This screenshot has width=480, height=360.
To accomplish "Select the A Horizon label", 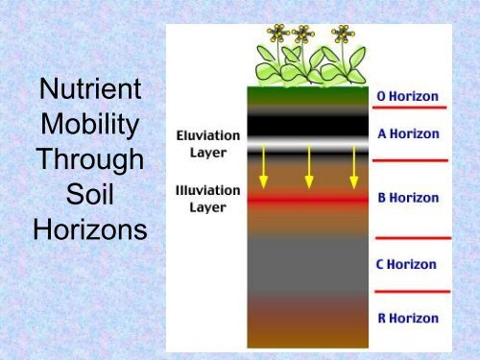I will pos(408,134).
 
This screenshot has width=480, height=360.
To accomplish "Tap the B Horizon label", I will pos(408,198).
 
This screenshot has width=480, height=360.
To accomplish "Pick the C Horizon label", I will pos(408,264).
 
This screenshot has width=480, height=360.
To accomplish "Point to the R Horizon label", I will pos(408,318).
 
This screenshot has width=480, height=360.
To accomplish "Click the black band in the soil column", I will pos(308,126).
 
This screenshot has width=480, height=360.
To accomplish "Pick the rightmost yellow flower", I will pos(341,34).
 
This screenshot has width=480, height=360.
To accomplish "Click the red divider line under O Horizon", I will pos(410,108).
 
